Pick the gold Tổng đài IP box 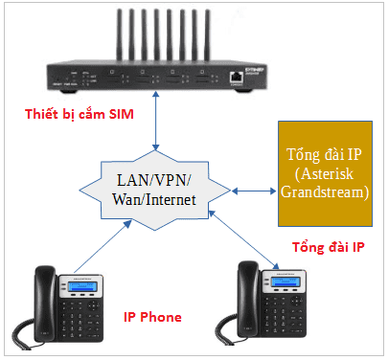[323, 173]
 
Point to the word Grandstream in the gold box [323, 191]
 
